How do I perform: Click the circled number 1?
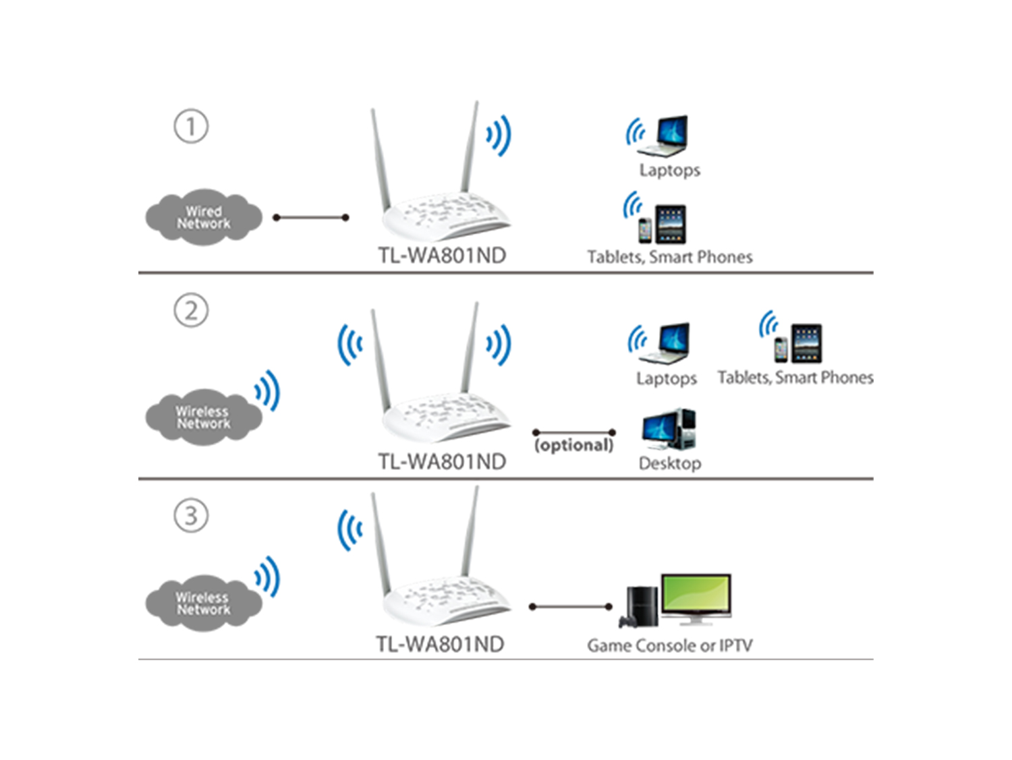[x=191, y=126]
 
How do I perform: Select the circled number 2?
[x=191, y=310]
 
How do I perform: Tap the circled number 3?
[x=191, y=515]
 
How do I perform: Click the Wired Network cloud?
[x=204, y=217]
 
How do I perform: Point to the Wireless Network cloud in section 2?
[x=204, y=417]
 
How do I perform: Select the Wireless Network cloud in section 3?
[x=204, y=603]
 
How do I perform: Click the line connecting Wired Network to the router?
[x=311, y=218]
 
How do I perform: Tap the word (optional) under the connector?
[x=573, y=445]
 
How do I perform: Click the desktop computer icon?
[x=669, y=429]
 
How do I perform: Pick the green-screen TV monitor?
[x=696, y=599]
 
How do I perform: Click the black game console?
[x=638, y=607]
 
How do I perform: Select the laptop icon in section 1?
[x=663, y=136]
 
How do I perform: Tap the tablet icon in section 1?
[x=671, y=225]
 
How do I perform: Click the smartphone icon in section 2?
[x=781, y=350]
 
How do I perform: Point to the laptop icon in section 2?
[x=665, y=343]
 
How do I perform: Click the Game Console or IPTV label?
[x=669, y=645]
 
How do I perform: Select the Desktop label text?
[x=670, y=463]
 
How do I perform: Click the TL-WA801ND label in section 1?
[x=442, y=256]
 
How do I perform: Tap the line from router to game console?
[x=571, y=606]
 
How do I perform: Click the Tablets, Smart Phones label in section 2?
[x=795, y=378]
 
